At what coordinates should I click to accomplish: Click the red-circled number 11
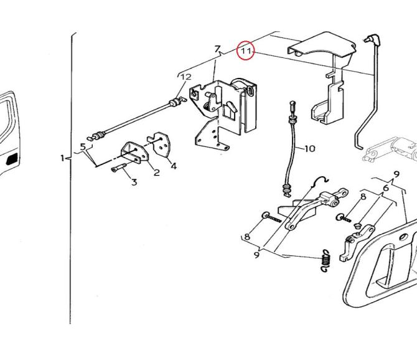point(246,50)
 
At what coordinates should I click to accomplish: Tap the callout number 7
point(218,49)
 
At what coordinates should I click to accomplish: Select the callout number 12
point(186,77)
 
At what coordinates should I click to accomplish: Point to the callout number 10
point(309,148)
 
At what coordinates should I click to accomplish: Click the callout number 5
point(83,146)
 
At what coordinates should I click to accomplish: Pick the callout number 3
point(134,182)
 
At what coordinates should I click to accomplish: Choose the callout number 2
point(157,173)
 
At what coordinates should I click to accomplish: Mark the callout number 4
point(174,166)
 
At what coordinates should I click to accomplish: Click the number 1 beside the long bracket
point(62,158)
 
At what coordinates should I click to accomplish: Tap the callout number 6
point(386,188)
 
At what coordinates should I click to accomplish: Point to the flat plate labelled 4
point(159,144)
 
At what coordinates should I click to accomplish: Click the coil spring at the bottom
point(326,260)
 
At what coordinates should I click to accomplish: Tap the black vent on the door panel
point(12,159)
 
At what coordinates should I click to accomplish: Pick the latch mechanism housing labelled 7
point(223,115)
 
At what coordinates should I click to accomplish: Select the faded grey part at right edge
point(390,149)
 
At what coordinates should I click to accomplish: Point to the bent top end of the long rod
point(372,39)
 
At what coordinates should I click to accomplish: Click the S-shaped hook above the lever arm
point(321,181)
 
